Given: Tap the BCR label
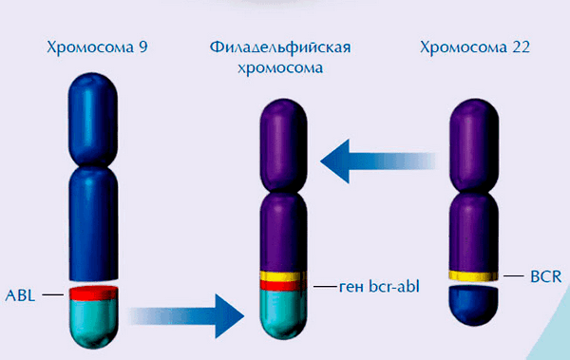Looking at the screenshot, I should pos(546,276).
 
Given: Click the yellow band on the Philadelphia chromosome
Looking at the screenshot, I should pos(283,276).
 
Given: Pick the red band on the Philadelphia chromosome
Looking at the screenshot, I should pos(283,286).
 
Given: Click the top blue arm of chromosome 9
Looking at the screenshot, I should pos(93,110).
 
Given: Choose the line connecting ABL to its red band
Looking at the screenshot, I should pos(51,294).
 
